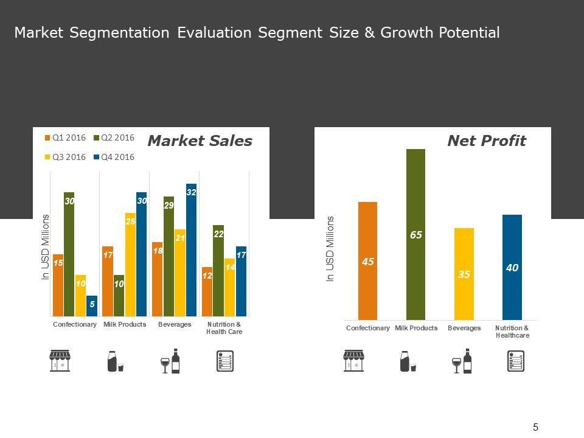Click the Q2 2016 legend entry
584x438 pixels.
[x=114, y=137]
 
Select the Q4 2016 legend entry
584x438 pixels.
[x=114, y=157]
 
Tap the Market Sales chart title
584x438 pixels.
[x=200, y=141]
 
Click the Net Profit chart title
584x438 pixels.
[x=486, y=141]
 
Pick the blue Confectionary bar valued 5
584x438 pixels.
[x=92, y=306]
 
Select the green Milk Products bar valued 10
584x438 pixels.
[x=119, y=296]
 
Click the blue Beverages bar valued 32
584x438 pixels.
[x=191, y=249]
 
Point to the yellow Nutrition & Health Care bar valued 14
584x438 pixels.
[x=229, y=287]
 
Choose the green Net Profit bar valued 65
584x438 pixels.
[x=415, y=234]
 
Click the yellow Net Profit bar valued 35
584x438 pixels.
[x=464, y=274]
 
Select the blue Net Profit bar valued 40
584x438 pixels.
[x=512, y=267]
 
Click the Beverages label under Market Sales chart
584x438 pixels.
[x=175, y=325]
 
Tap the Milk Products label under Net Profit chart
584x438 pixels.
[x=416, y=328]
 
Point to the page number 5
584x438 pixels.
[x=535, y=427]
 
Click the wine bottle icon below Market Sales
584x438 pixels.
[x=176, y=361]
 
